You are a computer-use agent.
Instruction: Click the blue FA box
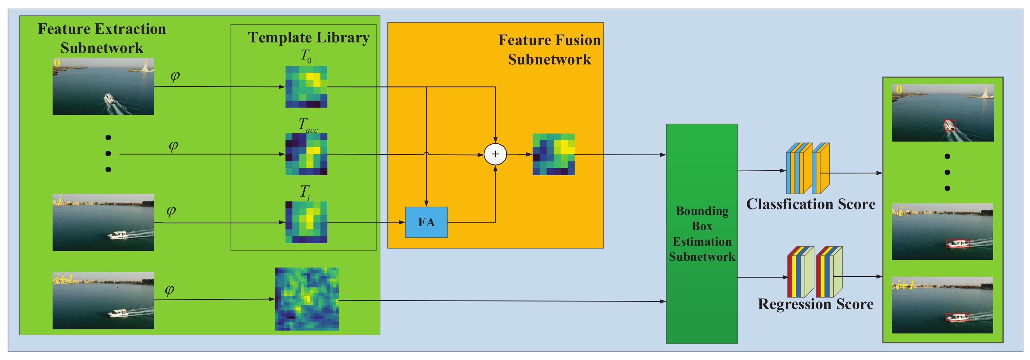click(426, 222)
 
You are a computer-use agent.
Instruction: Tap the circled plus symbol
click(495, 154)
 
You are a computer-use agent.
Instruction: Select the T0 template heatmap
click(306, 87)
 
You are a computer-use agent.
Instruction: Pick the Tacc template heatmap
click(306, 154)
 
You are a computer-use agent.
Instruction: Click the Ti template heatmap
click(306, 222)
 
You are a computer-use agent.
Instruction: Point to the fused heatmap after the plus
click(553, 155)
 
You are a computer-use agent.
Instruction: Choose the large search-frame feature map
click(307, 299)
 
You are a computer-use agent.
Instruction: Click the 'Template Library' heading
click(309, 37)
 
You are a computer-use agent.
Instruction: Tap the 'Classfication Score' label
click(811, 204)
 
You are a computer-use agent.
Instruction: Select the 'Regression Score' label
click(816, 304)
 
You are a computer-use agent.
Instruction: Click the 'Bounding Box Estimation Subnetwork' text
click(702, 234)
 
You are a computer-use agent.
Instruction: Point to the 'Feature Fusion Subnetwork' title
click(549, 50)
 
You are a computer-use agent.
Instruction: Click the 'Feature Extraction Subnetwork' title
click(102, 38)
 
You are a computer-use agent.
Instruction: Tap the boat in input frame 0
click(109, 98)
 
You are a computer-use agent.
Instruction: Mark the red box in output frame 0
click(950, 125)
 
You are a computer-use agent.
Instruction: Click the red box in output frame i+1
click(958, 317)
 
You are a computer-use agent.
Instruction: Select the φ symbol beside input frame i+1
click(170, 290)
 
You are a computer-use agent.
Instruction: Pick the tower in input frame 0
click(146, 65)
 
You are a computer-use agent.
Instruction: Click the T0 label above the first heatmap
click(306, 56)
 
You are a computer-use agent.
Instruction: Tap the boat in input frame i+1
click(118, 313)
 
